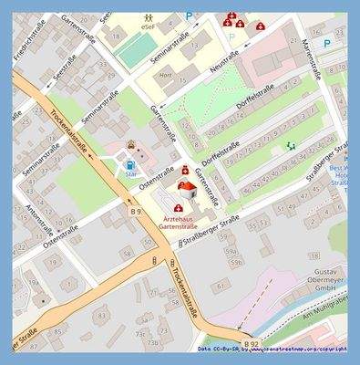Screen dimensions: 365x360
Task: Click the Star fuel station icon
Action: click(x=129, y=164)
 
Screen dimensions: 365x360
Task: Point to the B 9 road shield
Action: click(x=136, y=211)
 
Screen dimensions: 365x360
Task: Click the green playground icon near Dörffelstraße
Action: click(x=291, y=146)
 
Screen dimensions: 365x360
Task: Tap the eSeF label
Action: click(x=148, y=28)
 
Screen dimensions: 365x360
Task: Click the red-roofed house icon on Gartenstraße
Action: click(x=186, y=189)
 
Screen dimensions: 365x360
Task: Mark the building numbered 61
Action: click(x=218, y=287)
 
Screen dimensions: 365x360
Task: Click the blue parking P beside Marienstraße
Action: click(x=327, y=42)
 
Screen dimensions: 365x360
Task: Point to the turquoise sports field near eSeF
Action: click(x=132, y=53)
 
